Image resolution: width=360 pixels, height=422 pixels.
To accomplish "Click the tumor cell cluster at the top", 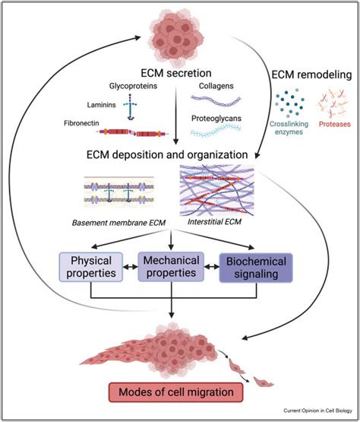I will tap(179, 31).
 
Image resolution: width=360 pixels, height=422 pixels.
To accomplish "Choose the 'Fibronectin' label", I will tap(82, 122).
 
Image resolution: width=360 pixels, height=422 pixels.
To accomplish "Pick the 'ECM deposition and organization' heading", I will tap(176, 155).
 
